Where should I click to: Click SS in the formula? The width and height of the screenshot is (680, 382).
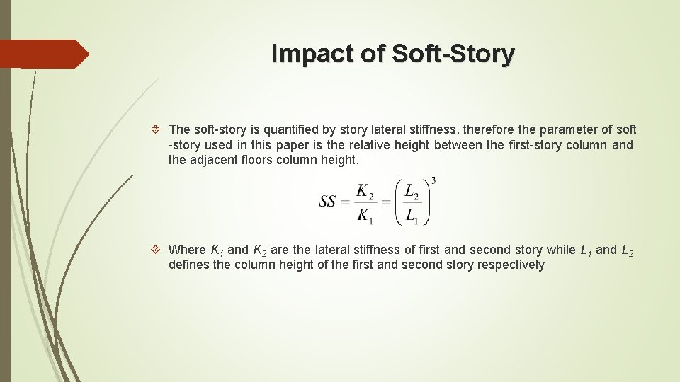327,202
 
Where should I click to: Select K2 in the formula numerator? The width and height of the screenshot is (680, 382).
364,192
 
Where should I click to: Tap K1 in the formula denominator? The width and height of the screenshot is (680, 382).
364,214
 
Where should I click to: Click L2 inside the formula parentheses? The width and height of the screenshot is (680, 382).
412,192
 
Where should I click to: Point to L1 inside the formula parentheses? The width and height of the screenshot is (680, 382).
412,214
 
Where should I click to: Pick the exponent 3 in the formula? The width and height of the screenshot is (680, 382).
433,180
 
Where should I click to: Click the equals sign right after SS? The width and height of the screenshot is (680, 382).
346,202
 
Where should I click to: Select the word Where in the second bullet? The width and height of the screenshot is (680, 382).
188,250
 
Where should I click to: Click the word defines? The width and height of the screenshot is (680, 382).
189,265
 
